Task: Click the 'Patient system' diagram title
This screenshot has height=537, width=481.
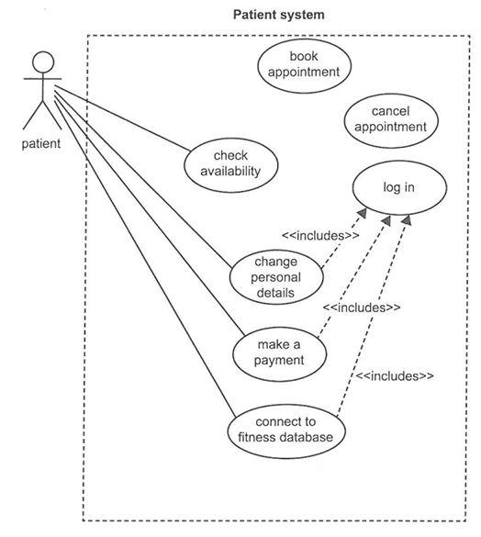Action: click(278, 15)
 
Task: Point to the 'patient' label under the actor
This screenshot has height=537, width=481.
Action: click(41, 143)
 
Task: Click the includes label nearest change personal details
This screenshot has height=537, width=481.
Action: click(320, 236)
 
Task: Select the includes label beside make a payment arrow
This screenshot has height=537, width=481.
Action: click(362, 308)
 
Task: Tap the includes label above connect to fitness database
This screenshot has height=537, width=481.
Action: click(395, 376)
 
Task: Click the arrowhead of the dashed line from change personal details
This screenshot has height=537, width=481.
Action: click(362, 213)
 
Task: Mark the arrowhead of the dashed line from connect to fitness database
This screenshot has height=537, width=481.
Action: click(407, 220)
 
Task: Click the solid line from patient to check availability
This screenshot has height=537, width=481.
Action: click(122, 118)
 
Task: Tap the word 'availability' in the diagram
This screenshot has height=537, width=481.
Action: click(230, 172)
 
